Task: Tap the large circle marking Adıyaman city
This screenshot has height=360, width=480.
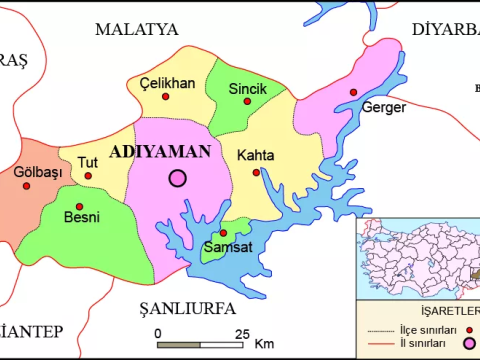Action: point(178,178)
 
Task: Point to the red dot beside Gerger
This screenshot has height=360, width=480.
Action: point(353,92)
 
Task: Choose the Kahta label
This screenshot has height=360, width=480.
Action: point(256,155)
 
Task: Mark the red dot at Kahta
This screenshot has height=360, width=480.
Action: point(256,172)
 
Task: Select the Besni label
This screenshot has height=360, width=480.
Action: point(81,217)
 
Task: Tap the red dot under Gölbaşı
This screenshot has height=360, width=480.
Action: point(27,185)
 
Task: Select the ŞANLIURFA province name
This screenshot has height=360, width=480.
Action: point(180,305)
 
